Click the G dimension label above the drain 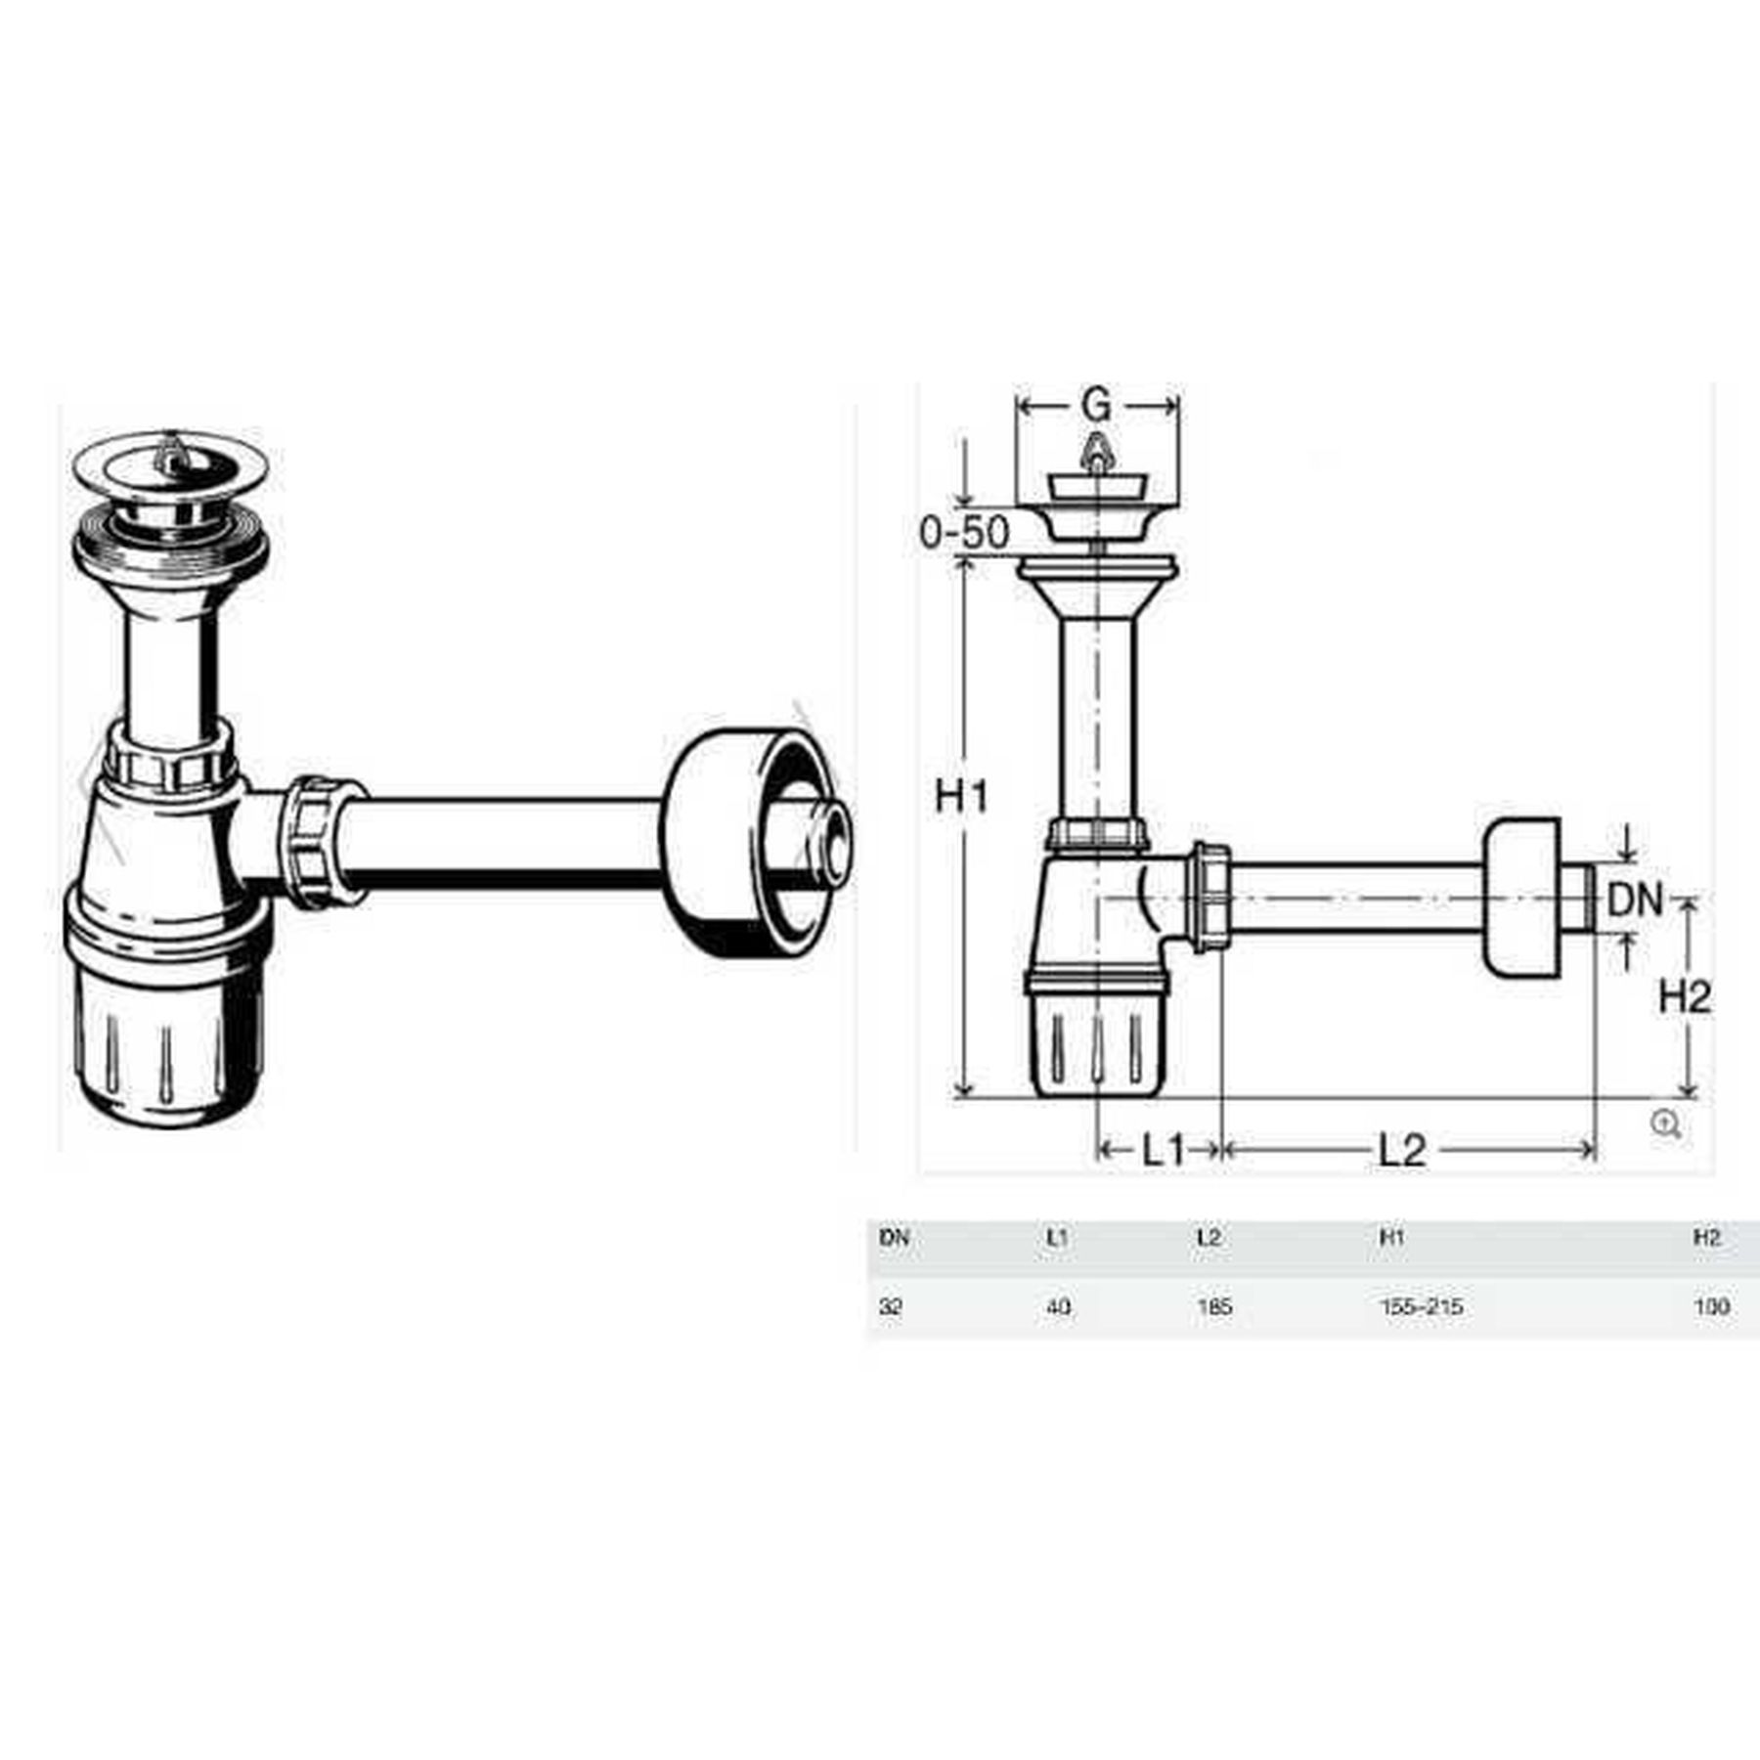click(1097, 405)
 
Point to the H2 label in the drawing click(1685, 997)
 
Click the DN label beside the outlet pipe click(1635, 900)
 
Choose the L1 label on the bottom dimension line click(1164, 1151)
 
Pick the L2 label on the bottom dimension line click(1401, 1151)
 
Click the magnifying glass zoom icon click(1666, 1124)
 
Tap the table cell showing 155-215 click(1421, 1307)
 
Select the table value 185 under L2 click(1213, 1307)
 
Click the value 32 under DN click(890, 1307)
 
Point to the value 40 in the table click(1058, 1307)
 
